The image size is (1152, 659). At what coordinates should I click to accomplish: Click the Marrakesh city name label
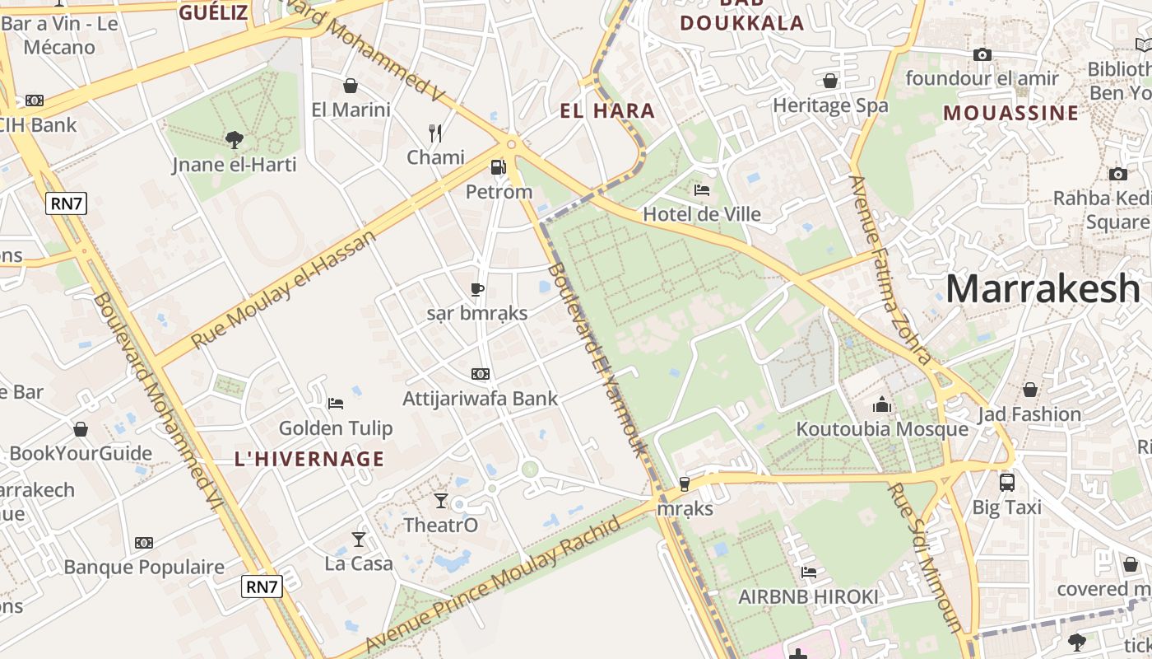1043,289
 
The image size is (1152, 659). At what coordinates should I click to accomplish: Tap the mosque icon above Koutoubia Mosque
882,404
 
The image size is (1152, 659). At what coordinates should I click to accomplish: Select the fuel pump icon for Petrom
498,167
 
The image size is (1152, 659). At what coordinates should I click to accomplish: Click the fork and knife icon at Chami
435,132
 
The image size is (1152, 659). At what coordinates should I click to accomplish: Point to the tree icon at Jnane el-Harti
235,139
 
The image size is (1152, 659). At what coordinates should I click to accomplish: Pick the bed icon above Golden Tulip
336,403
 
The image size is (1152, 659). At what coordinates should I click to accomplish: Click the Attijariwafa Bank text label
480,399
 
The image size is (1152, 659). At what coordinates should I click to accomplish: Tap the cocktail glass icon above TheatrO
441,500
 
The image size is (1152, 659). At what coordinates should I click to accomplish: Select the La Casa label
359,563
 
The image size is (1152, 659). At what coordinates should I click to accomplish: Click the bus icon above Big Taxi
1006,482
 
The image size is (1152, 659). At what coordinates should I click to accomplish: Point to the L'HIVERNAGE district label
309,459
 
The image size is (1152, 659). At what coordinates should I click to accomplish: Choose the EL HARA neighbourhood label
607,111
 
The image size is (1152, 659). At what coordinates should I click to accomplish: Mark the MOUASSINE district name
1010,113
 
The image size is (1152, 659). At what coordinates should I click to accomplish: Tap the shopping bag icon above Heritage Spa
830,81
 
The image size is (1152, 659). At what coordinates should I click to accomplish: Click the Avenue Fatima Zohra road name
891,269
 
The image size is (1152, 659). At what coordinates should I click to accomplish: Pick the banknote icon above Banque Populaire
144,543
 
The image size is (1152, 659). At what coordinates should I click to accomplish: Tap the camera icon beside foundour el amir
982,55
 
